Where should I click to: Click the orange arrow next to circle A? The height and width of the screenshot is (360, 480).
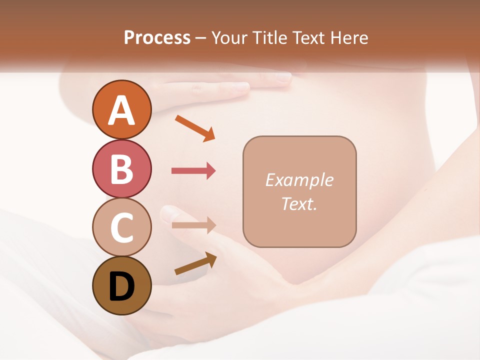pos(194,128)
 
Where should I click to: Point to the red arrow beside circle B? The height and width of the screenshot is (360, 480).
pos(193,171)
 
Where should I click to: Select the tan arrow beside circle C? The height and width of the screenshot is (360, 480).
pos(193,225)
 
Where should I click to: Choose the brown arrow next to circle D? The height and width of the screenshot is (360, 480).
pos(195,263)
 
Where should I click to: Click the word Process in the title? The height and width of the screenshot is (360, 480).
pos(157,37)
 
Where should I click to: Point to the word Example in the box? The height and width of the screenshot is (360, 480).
pos(299,180)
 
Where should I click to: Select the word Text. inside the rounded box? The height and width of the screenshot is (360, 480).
pos(299,203)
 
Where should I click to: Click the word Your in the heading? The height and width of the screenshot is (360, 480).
pos(230,37)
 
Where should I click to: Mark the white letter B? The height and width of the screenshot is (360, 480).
pos(121,169)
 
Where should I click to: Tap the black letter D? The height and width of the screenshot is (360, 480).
pos(121,286)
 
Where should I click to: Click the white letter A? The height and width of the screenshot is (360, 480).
pos(121,110)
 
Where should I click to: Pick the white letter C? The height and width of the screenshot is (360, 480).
pos(121,227)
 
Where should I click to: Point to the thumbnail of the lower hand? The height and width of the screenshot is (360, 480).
pos(169,214)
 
